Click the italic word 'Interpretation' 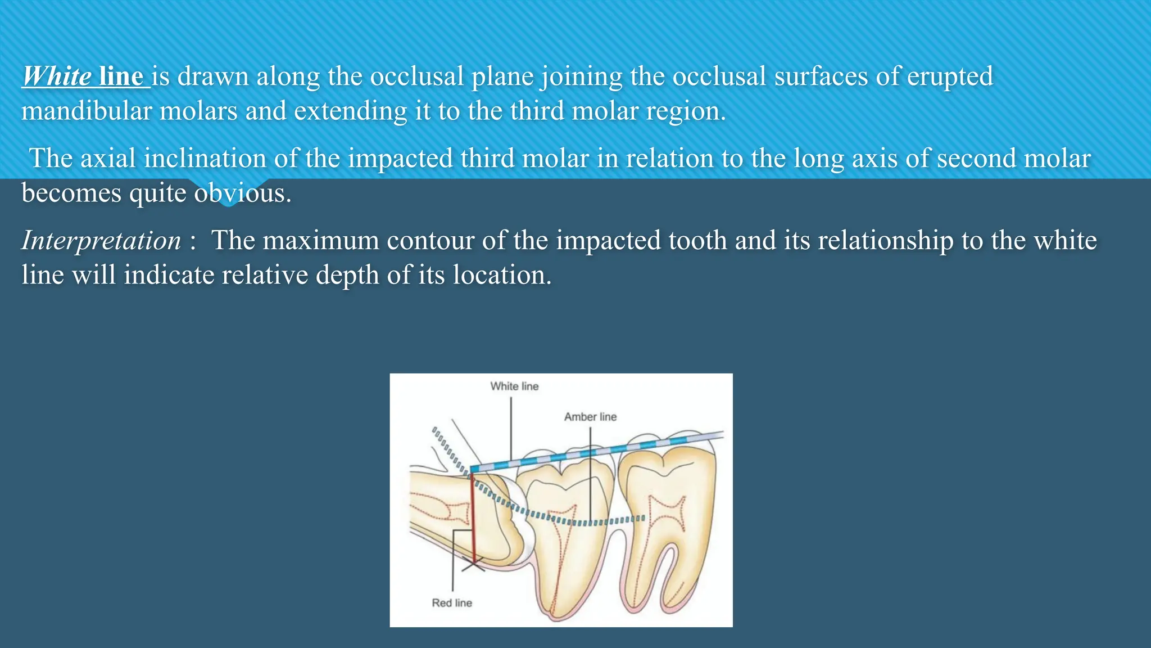click(101, 241)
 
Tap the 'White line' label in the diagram click(514, 386)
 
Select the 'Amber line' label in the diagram click(590, 417)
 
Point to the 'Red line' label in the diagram click(452, 603)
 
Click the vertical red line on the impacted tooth click(473, 517)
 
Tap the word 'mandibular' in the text click(87, 111)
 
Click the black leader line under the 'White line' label click(511, 427)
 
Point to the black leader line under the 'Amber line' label click(590, 472)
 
